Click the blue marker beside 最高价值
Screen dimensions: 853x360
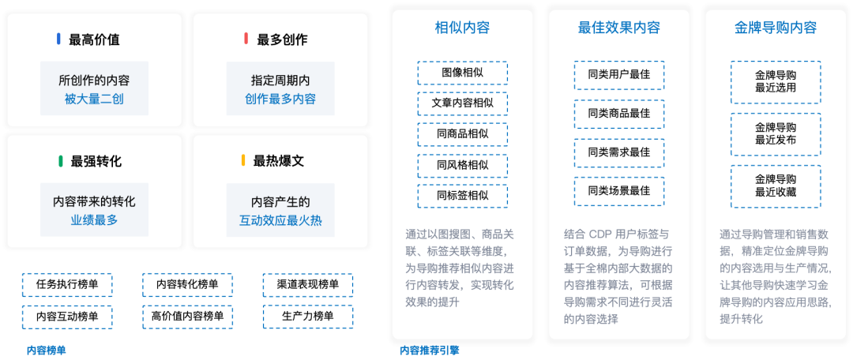(x=58, y=39)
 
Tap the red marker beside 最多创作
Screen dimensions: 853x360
(x=246, y=39)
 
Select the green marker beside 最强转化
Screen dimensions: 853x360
(x=61, y=161)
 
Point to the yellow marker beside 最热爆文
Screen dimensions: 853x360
(x=244, y=161)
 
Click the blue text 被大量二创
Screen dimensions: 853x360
(x=94, y=99)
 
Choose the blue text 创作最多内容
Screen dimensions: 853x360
(x=280, y=99)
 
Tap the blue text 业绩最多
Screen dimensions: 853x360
(x=94, y=220)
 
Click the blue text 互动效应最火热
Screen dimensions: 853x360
(x=280, y=220)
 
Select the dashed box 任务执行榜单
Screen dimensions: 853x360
(x=67, y=285)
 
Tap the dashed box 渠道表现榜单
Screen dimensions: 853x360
(x=308, y=285)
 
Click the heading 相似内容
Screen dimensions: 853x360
(x=462, y=28)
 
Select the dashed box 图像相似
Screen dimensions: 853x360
(x=462, y=73)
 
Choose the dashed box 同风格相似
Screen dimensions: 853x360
(x=462, y=166)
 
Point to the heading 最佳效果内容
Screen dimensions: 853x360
(x=619, y=28)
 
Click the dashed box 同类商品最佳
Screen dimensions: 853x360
(x=619, y=114)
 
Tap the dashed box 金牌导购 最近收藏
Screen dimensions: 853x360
(x=776, y=186)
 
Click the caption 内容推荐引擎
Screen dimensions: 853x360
(x=430, y=351)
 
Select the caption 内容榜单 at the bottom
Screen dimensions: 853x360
(x=47, y=351)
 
